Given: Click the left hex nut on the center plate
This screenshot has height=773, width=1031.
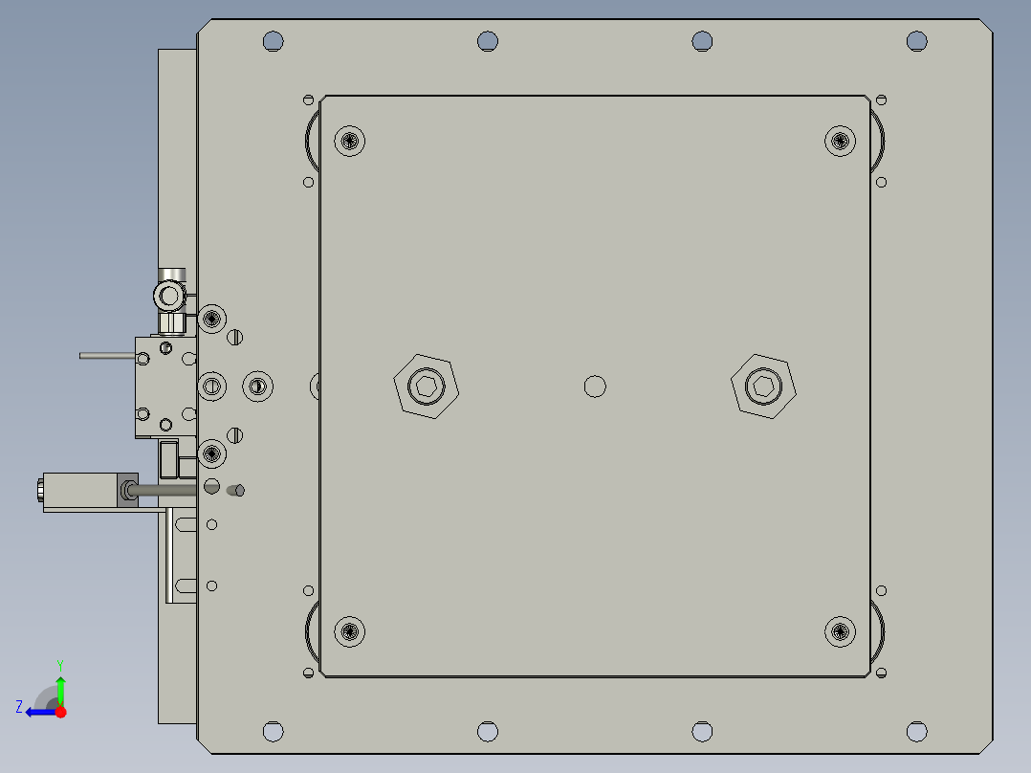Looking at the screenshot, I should click(427, 386).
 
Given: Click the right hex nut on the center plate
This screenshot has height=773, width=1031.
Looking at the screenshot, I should click(763, 386).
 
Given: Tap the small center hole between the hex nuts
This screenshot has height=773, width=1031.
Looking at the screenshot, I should click(595, 386).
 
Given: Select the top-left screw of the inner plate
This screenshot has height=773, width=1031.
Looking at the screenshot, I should click(351, 142).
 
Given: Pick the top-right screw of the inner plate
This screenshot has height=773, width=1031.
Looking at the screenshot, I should click(840, 141).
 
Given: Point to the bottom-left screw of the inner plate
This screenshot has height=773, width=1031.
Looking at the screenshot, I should click(351, 631).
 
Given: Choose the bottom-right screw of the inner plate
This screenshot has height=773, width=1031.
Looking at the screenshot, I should click(840, 630).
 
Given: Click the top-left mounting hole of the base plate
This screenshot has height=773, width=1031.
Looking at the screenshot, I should click(274, 41).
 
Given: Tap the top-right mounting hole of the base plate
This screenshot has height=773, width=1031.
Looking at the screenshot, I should click(917, 41).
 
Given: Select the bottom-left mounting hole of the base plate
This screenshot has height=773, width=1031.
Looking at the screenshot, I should click(274, 732).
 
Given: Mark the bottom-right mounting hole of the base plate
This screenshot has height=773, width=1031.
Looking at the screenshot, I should click(917, 732).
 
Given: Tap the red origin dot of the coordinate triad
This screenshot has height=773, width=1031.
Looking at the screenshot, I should click(60, 712).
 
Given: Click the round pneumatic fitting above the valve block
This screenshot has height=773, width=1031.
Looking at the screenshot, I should click(170, 295).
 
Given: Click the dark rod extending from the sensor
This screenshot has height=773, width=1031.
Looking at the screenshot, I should click(167, 491).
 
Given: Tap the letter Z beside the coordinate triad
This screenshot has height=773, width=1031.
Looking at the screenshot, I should click(19, 707).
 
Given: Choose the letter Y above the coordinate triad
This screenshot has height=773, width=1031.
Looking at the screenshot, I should click(60, 664).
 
